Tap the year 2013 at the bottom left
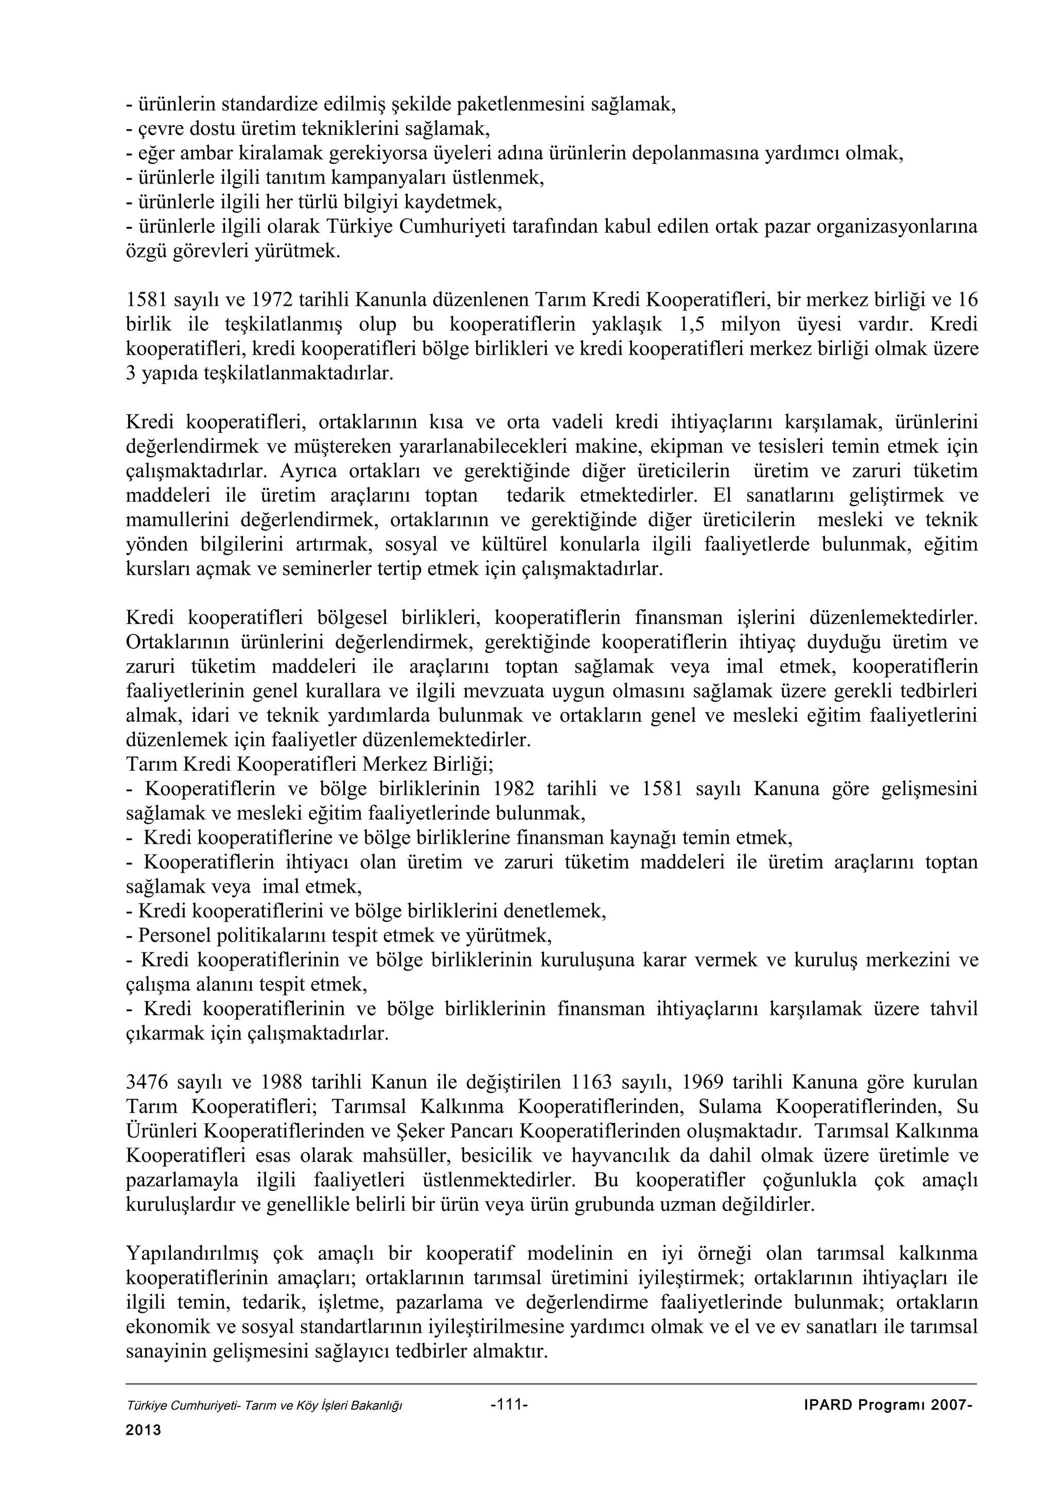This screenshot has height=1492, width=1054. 143,1430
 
